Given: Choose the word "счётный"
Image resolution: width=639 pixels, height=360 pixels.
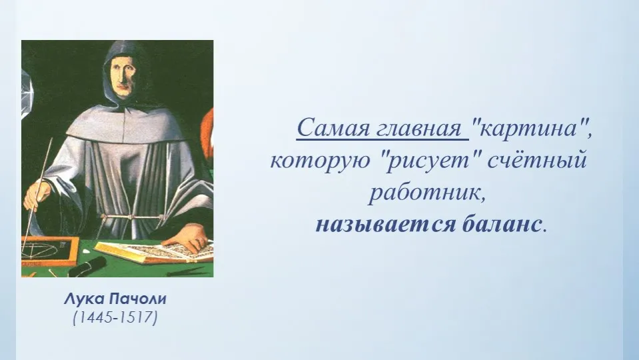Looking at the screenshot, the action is (x=538, y=160).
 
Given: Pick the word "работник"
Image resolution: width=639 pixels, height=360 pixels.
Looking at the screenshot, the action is (x=427, y=193).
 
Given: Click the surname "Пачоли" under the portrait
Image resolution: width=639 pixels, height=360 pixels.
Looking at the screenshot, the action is (x=138, y=299).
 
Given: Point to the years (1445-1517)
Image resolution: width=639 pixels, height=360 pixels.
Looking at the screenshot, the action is (x=115, y=317).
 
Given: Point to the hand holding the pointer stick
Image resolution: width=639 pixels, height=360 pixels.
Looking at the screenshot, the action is (x=37, y=196).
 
